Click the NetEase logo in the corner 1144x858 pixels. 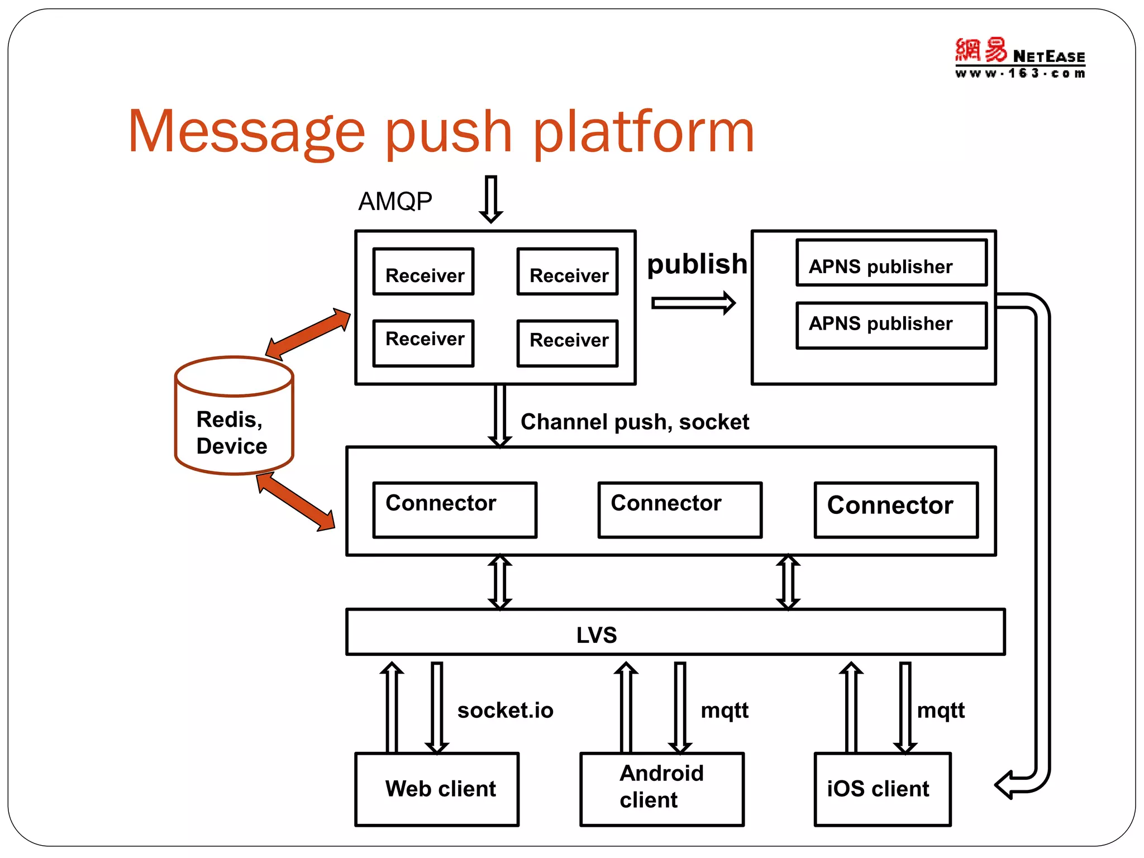point(1020,58)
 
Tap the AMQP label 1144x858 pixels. point(395,201)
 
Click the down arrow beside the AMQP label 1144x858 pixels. point(490,199)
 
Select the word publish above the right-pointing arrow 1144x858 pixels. point(697,264)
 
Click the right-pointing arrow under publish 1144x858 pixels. point(693,303)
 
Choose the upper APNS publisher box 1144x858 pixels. point(891,263)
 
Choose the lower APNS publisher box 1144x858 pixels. point(891,325)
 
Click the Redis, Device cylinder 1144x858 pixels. point(233,416)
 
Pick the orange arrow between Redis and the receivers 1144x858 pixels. point(308,333)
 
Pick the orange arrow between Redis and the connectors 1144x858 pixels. point(295,502)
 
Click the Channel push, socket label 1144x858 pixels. point(635,422)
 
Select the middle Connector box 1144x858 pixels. point(679,509)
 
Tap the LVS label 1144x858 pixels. point(597,635)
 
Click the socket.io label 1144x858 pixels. point(505,711)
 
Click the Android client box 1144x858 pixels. point(661,789)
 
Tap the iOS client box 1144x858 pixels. point(882,789)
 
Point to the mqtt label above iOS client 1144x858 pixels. point(941,711)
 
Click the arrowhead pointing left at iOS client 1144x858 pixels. point(1005,785)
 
